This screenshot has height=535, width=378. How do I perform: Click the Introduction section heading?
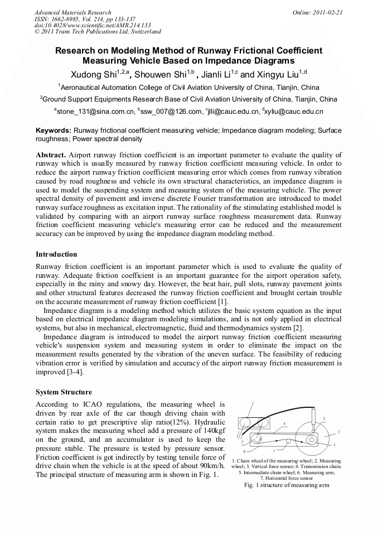(56, 254)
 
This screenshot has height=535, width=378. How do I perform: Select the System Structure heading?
(64, 392)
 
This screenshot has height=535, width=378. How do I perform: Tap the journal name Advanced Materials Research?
(72, 12)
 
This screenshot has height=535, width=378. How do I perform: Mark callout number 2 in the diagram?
(338, 432)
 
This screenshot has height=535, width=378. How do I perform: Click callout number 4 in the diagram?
(284, 423)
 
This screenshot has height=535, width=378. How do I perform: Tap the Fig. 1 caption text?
(287, 485)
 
